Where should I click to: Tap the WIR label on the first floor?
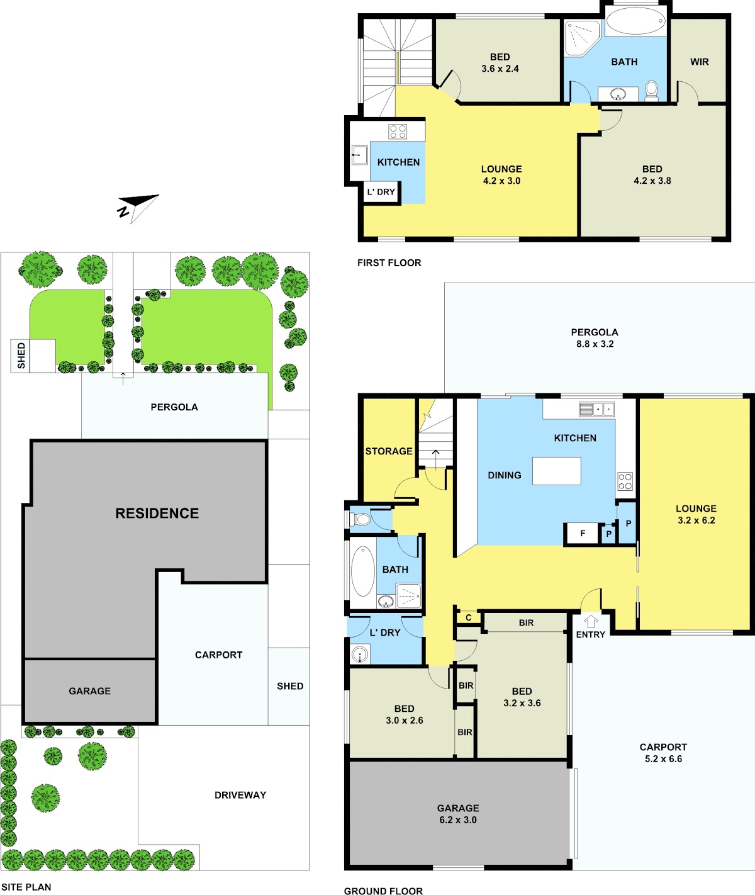click(x=699, y=62)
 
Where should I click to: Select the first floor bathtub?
click(x=636, y=21)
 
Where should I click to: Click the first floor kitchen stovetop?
click(x=398, y=132)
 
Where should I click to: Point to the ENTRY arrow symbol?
click(x=591, y=622)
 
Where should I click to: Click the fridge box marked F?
click(x=583, y=534)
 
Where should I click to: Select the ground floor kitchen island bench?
click(x=557, y=471)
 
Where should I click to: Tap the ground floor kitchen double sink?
click(x=596, y=409)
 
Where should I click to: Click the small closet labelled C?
click(x=468, y=617)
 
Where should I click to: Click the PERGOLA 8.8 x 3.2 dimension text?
click(x=595, y=338)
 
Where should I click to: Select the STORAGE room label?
click(x=389, y=451)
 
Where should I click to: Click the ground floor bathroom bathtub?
click(x=363, y=571)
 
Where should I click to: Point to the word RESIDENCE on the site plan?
click(x=157, y=513)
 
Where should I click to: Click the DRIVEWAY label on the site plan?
click(x=240, y=795)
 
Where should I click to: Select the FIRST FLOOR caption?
click(x=389, y=262)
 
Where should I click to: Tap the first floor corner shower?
click(x=583, y=38)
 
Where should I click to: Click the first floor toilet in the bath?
click(x=651, y=91)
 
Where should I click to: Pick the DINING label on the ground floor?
click(x=505, y=475)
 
